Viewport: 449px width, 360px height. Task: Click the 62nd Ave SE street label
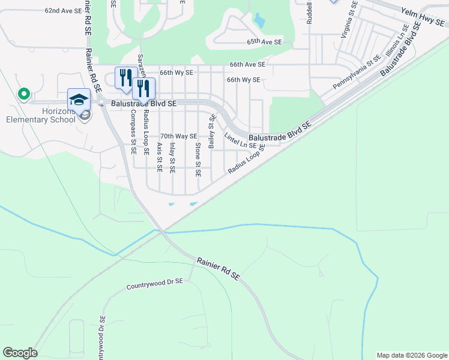pos(62,11)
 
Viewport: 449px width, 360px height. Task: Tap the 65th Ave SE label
pos(264,43)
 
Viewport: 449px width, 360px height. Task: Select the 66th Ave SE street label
pos(247,64)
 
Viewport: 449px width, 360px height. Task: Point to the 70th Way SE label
pos(178,137)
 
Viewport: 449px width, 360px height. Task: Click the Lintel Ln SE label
pos(240,142)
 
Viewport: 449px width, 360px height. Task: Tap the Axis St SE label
pos(159,157)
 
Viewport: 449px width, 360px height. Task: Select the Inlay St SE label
pos(172,157)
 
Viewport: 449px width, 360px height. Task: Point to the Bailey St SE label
pos(211,132)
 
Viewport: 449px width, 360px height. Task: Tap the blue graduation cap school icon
pos(79,99)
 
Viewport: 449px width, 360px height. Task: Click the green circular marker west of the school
pos(23,94)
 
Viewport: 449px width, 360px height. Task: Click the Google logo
pos(20,353)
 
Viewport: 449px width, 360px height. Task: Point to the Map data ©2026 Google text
pos(411,355)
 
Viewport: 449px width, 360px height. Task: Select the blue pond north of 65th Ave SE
pos(259,22)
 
